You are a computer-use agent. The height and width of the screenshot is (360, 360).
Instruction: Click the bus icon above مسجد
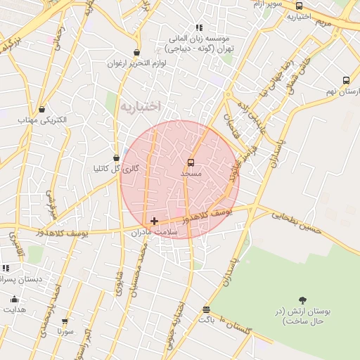191,162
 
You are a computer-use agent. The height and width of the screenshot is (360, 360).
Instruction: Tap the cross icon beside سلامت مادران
154,221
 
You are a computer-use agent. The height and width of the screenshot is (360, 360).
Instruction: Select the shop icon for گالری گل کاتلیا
116,158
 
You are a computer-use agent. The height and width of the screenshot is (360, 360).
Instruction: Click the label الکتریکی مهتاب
44,120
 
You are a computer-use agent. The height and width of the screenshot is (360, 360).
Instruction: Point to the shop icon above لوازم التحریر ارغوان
136,52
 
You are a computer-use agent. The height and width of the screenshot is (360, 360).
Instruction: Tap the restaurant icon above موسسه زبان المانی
199,27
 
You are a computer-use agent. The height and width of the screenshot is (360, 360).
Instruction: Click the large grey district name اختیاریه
140,106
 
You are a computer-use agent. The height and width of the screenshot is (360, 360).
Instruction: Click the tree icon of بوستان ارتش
302,300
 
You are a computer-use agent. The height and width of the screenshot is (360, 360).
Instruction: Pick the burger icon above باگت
206,309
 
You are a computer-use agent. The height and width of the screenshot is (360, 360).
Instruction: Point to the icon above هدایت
14,300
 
